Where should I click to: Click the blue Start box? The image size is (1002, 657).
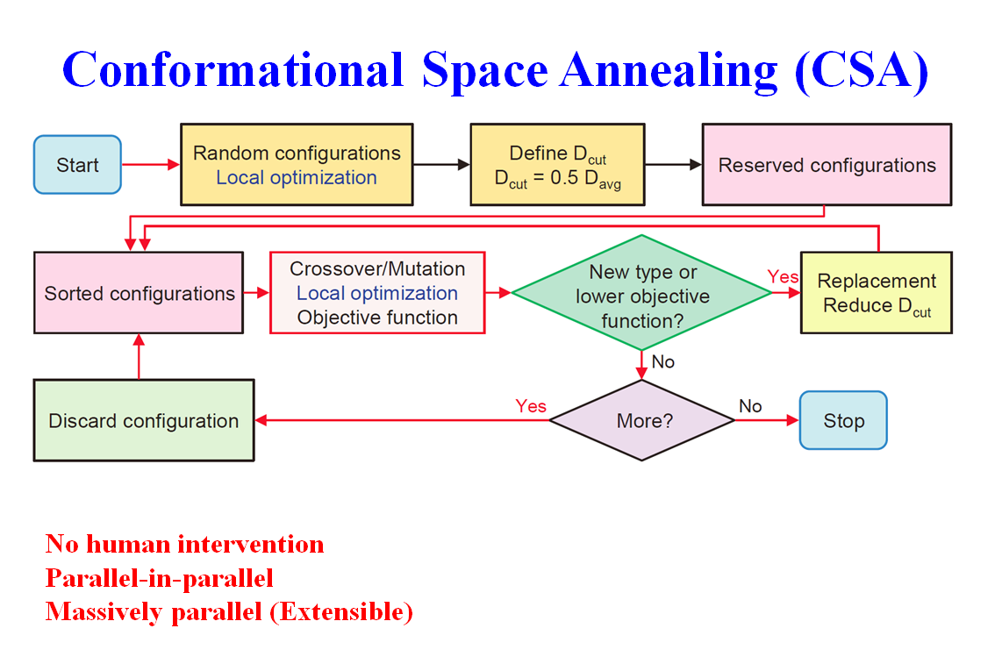pyautogui.click(x=77, y=164)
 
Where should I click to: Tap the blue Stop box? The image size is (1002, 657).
pyautogui.click(x=843, y=420)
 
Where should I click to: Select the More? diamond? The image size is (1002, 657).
pyautogui.click(x=641, y=420)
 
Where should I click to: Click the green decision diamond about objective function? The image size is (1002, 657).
pyautogui.click(x=641, y=293)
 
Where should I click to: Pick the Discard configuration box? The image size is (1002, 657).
pyautogui.click(x=144, y=420)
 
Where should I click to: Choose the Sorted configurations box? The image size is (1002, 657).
pyautogui.click(x=139, y=293)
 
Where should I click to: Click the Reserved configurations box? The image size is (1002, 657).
pyautogui.click(x=827, y=164)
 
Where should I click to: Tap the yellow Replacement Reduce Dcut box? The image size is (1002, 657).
pyautogui.click(x=877, y=293)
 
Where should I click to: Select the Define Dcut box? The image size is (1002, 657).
pyautogui.click(x=557, y=164)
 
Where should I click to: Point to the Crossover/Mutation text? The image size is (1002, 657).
pyautogui.click(x=377, y=268)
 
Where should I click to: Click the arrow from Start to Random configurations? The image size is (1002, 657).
pyautogui.click(x=151, y=164)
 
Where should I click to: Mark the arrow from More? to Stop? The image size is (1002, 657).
pyautogui.click(x=767, y=420)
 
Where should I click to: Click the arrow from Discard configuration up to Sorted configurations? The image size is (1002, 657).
pyautogui.click(x=139, y=357)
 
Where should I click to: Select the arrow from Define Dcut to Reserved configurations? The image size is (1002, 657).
pyautogui.click(x=674, y=164)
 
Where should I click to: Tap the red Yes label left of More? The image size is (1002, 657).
pyautogui.click(x=531, y=406)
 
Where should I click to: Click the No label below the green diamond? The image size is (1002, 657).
pyautogui.click(x=662, y=361)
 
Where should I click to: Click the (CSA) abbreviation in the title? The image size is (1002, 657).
pyautogui.click(x=862, y=70)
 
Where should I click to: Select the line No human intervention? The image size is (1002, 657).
pyautogui.click(x=184, y=544)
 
